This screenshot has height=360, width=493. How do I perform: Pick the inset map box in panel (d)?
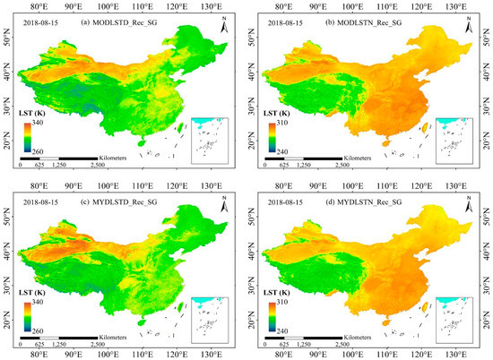(x=457, y=313)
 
